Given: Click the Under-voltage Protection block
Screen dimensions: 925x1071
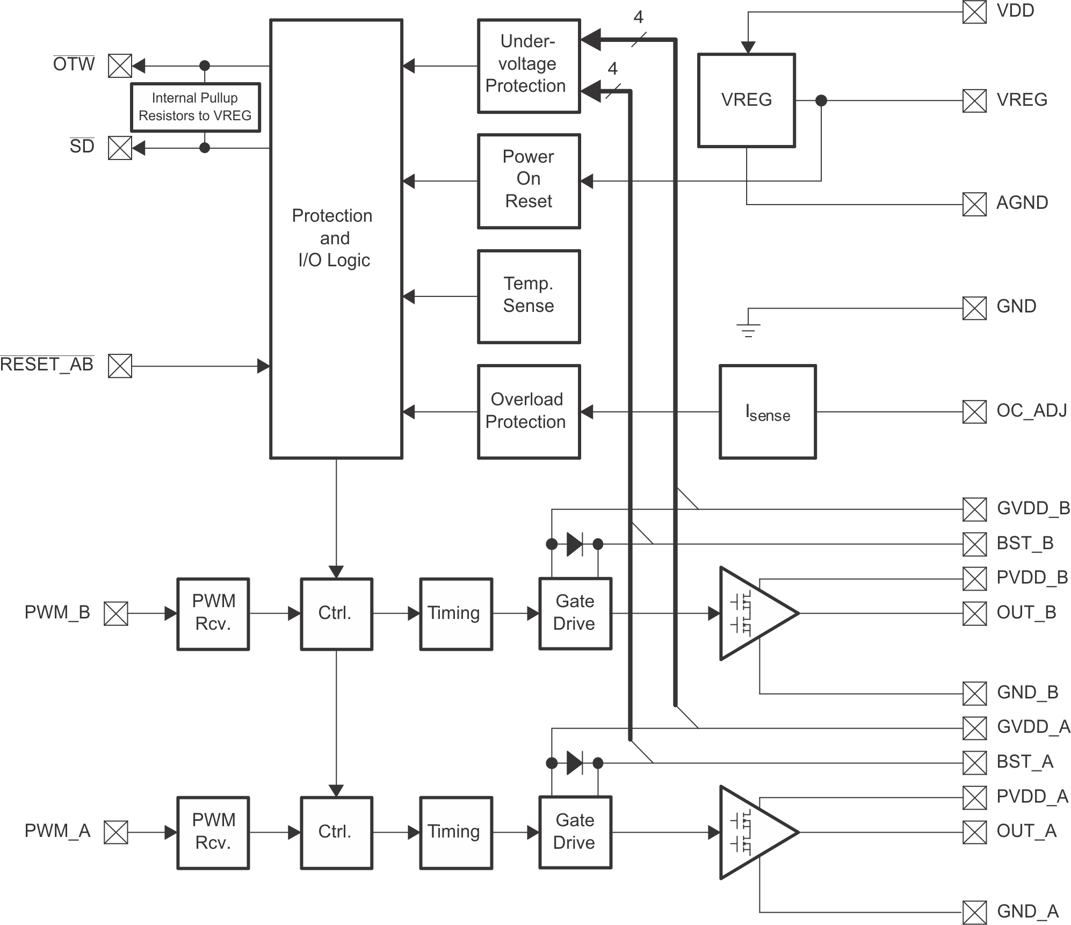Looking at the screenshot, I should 529,66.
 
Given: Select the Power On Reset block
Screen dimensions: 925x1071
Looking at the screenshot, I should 529,181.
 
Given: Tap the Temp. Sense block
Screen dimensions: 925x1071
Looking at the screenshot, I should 529,296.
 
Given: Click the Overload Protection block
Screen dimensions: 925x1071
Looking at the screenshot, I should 529,412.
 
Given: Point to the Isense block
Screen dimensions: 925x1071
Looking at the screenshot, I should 768,412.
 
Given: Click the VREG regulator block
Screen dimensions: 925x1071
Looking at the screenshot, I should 746,100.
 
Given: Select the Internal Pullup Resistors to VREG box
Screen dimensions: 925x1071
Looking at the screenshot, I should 196,107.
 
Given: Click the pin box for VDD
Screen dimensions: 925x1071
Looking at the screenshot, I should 974,12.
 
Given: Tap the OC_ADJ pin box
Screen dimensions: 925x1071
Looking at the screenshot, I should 974,412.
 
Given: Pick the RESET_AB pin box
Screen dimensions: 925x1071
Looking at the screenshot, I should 120,366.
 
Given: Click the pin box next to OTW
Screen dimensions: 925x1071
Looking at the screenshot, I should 120,66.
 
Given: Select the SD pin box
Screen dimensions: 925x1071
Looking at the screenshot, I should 120,148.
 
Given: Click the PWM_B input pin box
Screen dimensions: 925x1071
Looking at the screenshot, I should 116,614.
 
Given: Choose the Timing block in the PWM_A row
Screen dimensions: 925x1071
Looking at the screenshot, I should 456,832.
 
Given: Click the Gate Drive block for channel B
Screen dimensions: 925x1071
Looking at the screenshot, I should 575,614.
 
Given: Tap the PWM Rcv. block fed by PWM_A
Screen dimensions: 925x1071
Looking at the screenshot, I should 213,832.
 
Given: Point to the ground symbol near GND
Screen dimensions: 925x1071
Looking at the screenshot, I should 748,329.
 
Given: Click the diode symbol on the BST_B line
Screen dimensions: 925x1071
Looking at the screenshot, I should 575,544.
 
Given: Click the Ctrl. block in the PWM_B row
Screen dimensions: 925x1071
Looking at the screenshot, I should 336,614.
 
